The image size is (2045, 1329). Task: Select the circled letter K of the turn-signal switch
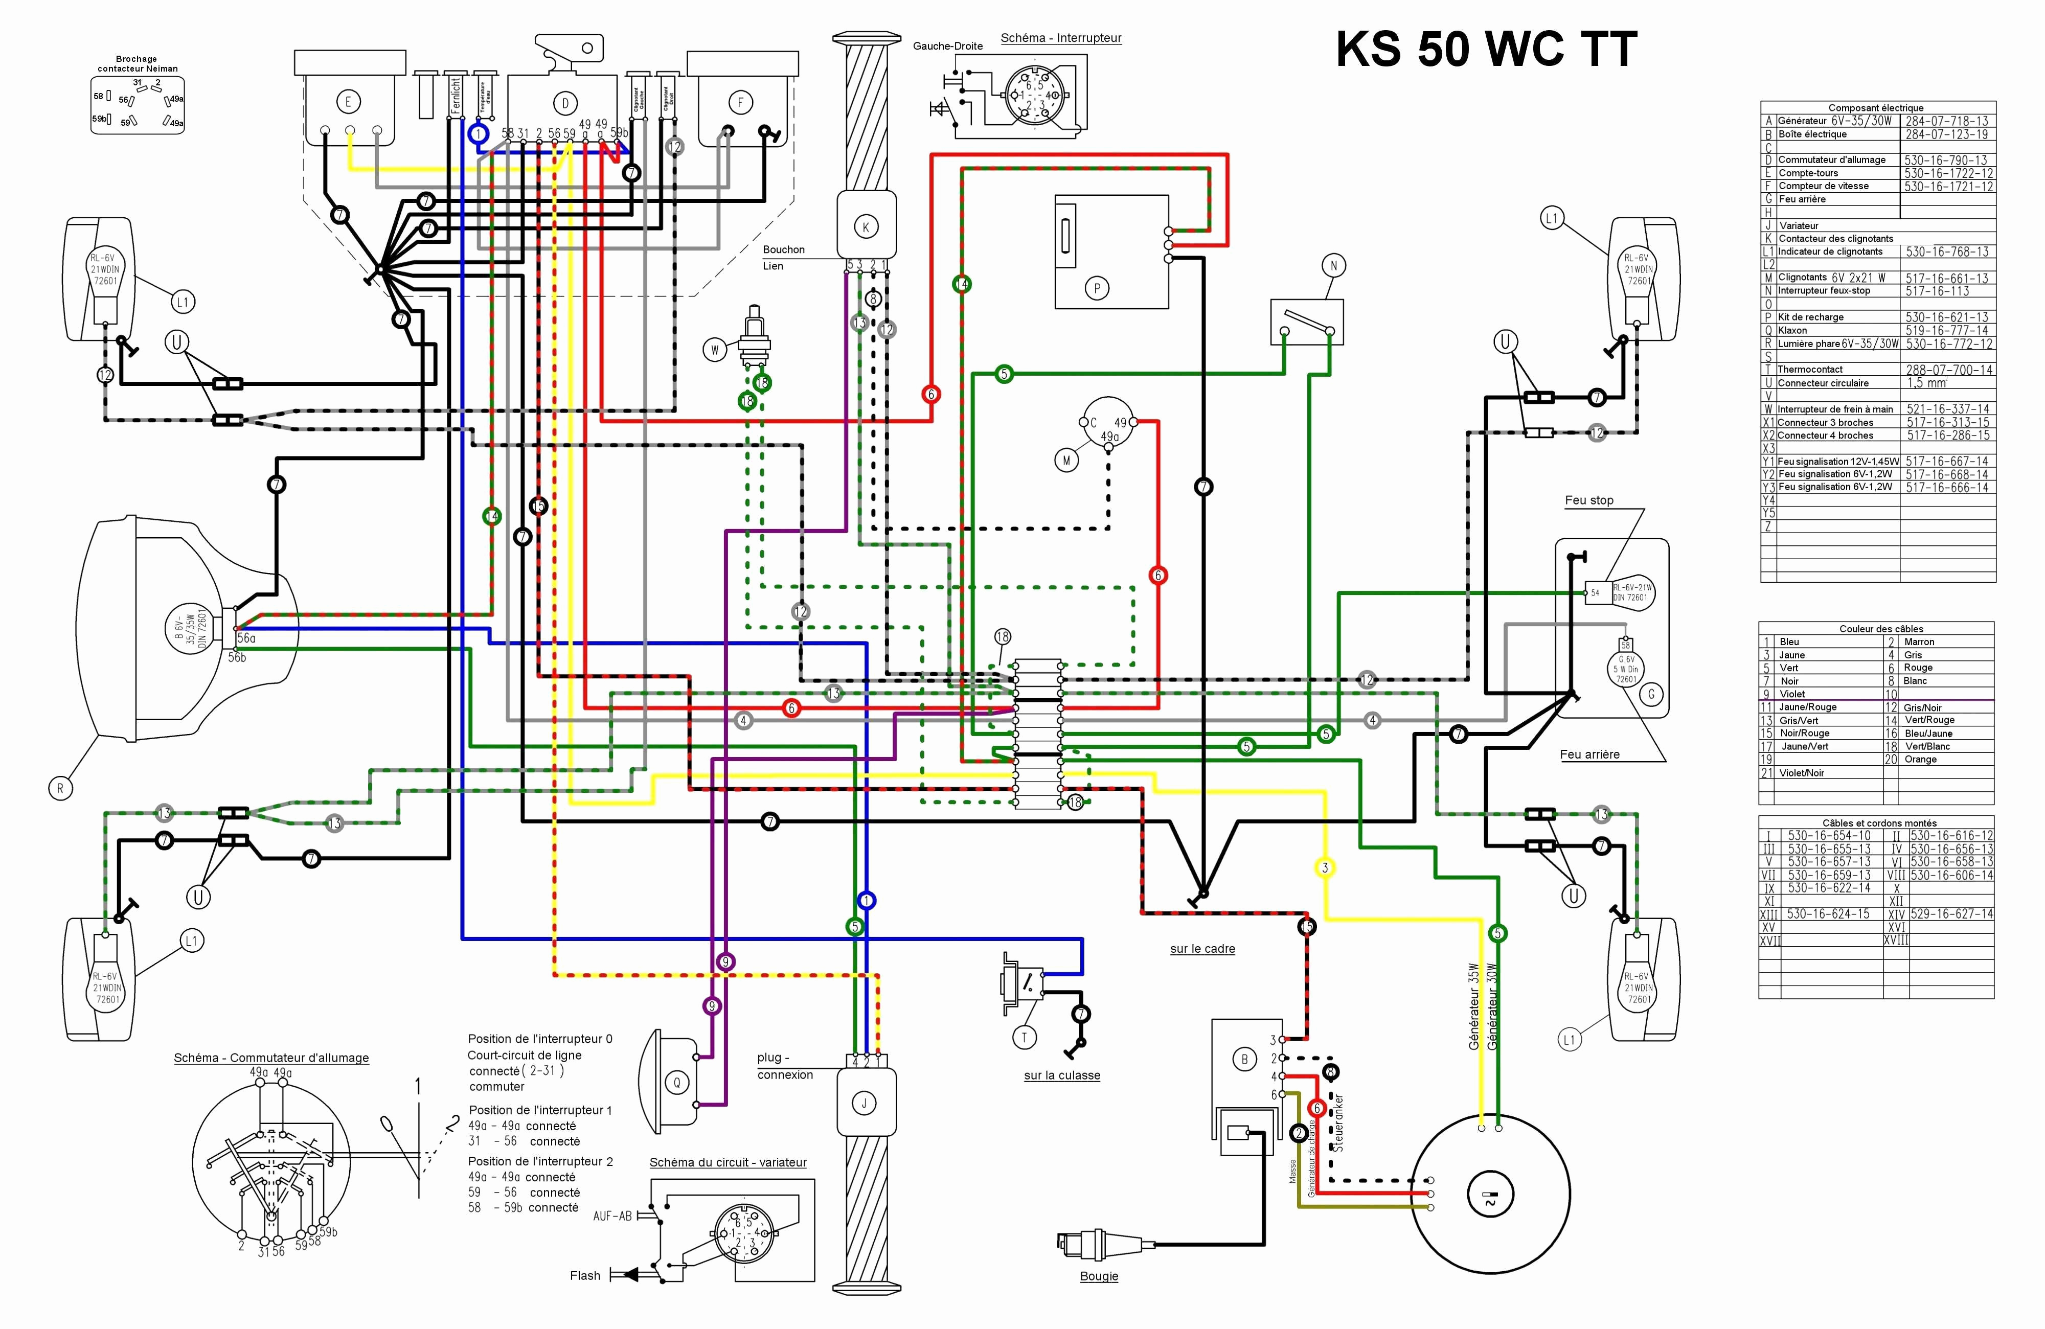[x=865, y=227]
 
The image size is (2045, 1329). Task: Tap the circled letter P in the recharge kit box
[x=1097, y=289]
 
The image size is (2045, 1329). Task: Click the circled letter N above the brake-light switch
[x=1333, y=265]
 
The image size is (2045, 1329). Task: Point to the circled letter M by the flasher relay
[x=1066, y=461]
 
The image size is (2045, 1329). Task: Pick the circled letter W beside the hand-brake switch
[x=714, y=350]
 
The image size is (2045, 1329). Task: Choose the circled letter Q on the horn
[x=676, y=1083]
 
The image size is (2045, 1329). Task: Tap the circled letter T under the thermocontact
[x=1024, y=1038]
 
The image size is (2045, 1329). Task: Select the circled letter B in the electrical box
[x=1244, y=1059]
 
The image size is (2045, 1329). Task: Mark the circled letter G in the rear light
[x=1651, y=694]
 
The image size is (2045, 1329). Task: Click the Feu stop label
[x=1589, y=500]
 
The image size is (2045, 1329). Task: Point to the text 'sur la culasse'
[x=1061, y=1075]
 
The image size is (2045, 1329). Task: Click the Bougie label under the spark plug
[x=1099, y=1276]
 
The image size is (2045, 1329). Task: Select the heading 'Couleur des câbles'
[x=1881, y=629]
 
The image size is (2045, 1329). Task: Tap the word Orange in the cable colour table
[x=1920, y=760]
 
